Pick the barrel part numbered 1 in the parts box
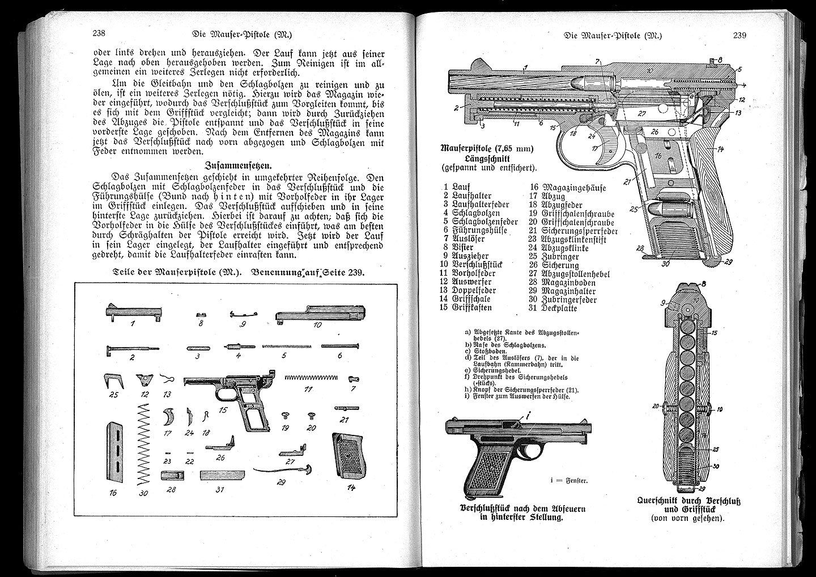click(x=134, y=312)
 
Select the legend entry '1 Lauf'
click(x=457, y=187)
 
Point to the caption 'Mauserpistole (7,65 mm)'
click(x=487, y=149)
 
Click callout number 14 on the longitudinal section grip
click(x=721, y=151)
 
